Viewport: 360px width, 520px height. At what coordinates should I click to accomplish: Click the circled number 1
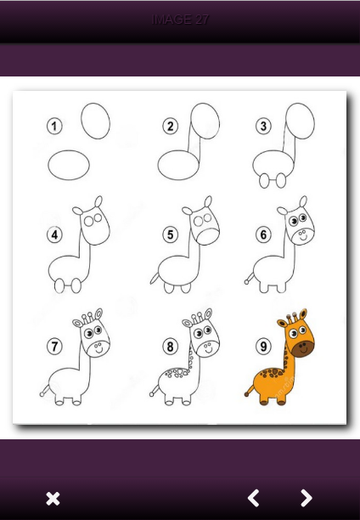pos(54,126)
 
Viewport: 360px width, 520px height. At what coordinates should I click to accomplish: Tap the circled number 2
pos(171,126)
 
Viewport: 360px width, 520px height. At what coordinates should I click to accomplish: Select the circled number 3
pos(263,126)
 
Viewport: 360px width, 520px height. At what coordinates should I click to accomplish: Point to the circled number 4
pos(54,235)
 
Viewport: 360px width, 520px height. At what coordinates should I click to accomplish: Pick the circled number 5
pos(171,235)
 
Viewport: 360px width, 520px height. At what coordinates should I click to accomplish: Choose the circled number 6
pos(263,235)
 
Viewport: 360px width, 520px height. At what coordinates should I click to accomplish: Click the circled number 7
pos(54,347)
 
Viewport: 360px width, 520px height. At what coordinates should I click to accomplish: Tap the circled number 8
pos(171,347)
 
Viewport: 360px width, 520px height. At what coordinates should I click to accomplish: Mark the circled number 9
pos(263,347)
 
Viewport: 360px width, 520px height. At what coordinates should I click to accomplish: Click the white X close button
pos(53,499)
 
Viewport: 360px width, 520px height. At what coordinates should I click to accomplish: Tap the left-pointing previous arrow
pos(253,498)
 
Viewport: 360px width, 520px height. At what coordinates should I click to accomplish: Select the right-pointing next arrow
pos(307,498)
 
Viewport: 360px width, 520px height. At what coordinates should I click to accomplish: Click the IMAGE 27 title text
pos(180,20)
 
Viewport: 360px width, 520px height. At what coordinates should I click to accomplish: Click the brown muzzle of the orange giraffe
pos(303,348)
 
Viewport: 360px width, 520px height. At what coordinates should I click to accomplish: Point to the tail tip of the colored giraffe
pos(246,394)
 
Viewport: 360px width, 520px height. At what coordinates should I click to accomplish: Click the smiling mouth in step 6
pos(303,238)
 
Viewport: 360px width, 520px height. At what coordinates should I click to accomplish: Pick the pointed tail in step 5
pos(155,278)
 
